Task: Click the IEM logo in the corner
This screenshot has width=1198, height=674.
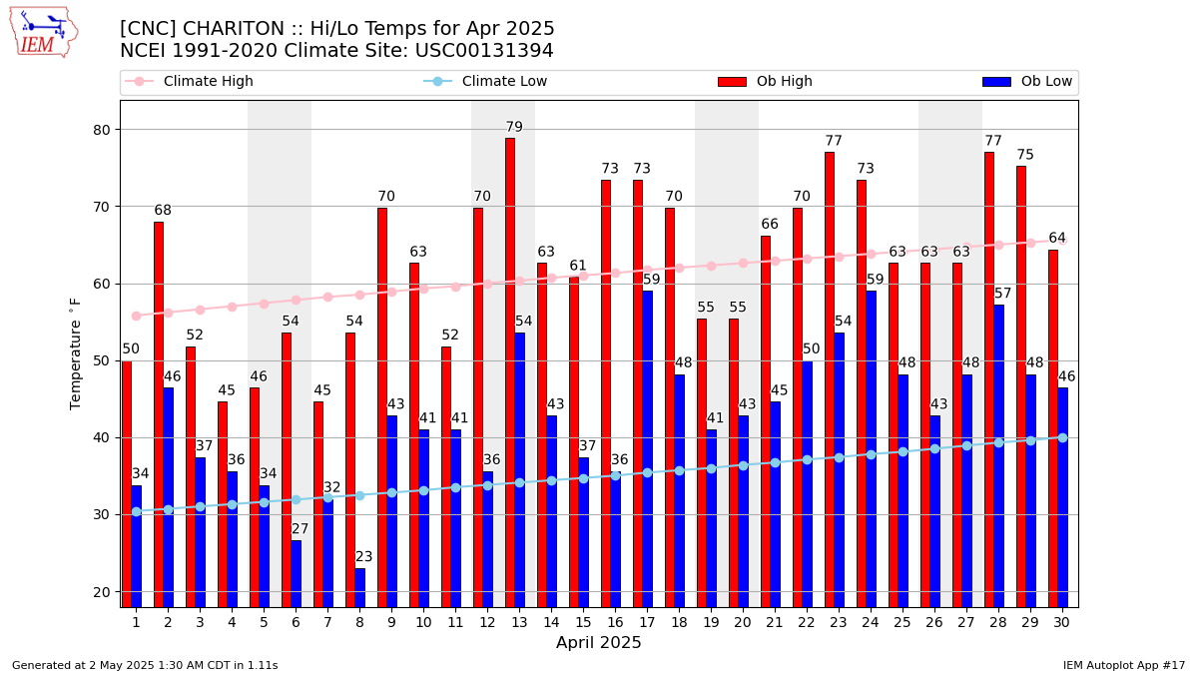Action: (x=44, y=33)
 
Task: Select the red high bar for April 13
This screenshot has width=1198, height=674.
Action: (x=510, y=372)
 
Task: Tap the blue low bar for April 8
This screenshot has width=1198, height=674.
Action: (x=360, y=588)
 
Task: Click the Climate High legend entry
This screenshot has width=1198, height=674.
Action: (x=189, y=81)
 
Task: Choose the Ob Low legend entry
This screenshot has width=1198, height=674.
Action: (x=1027, y=81)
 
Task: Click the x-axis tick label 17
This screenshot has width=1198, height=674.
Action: (x=647, y=623)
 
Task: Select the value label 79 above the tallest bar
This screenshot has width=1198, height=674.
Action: (x=514, y=127)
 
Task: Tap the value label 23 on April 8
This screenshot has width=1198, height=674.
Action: (x=363, y=557)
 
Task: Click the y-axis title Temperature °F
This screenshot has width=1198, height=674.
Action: (x=75, y=354)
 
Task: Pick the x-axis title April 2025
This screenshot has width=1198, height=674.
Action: (x=598, y=642)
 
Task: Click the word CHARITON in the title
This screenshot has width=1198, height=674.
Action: (x=234, y=28)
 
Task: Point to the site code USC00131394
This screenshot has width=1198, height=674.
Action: (x=484, y=51)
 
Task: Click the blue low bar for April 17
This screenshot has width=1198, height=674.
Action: (x=648, y=449)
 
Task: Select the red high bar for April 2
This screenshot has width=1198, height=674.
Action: (x=159, y=414)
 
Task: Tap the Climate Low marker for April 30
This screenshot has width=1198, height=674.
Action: (x=1062, y=438)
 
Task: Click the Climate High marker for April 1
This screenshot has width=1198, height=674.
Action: (x=137, y=317)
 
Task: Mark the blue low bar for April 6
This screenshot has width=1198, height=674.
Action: (x=297, y=574)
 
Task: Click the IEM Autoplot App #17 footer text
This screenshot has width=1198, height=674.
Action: (x=1124, y=665)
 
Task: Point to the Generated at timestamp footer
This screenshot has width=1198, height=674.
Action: (x=145, y=665)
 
